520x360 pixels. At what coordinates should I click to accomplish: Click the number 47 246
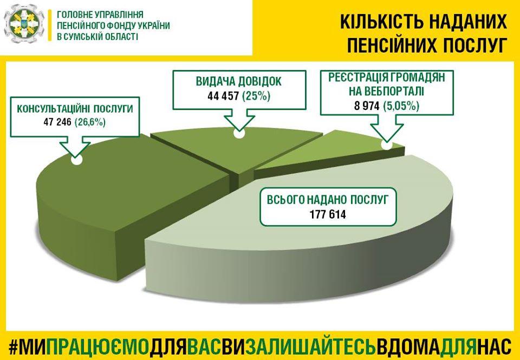57,123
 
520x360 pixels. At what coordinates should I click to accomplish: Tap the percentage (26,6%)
90,123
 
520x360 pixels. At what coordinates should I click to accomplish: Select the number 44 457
223,96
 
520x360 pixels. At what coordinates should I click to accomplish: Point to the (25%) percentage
256,96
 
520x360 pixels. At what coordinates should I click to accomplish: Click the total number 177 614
328,214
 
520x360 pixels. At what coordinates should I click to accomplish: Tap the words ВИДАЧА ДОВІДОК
239,81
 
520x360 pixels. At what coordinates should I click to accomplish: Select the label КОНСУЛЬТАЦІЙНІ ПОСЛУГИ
75,109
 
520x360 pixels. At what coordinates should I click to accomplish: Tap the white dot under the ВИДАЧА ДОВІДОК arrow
238,134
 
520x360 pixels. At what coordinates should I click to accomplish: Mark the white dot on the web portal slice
386,145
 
